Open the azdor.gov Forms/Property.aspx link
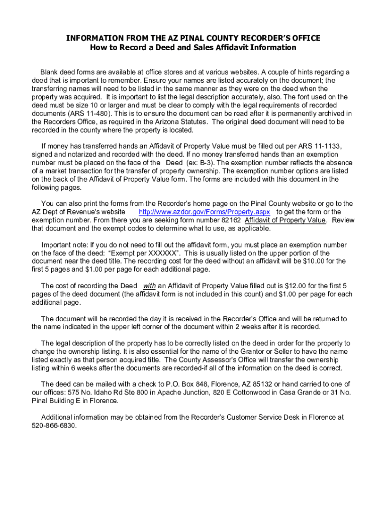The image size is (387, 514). [204, 212]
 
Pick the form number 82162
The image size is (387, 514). [231, 220]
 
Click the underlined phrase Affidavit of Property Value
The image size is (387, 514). [285, 220]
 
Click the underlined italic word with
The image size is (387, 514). [149, 286]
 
